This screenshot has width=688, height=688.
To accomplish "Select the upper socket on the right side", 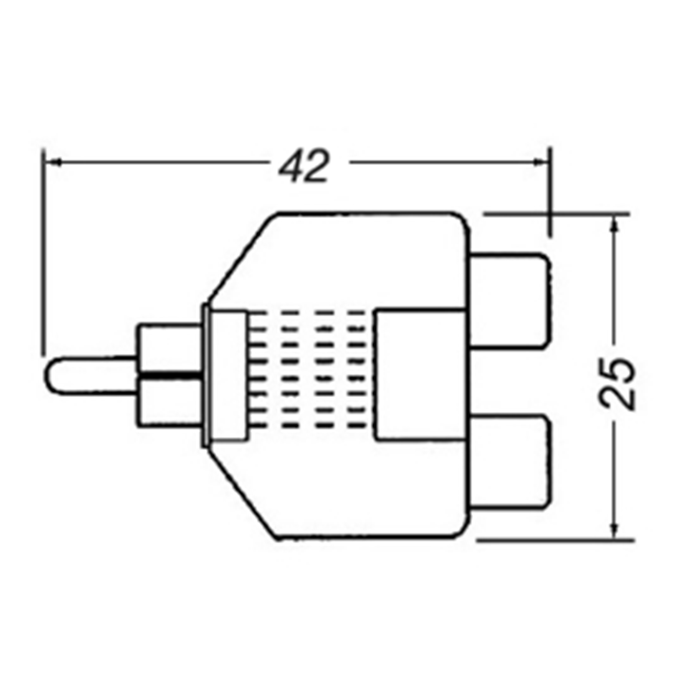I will [510, 300].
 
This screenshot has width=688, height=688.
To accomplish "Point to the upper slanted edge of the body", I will [241, 258].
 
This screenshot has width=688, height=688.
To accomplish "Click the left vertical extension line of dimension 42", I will [43, 258].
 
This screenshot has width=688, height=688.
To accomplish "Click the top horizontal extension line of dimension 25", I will [559, 213].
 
